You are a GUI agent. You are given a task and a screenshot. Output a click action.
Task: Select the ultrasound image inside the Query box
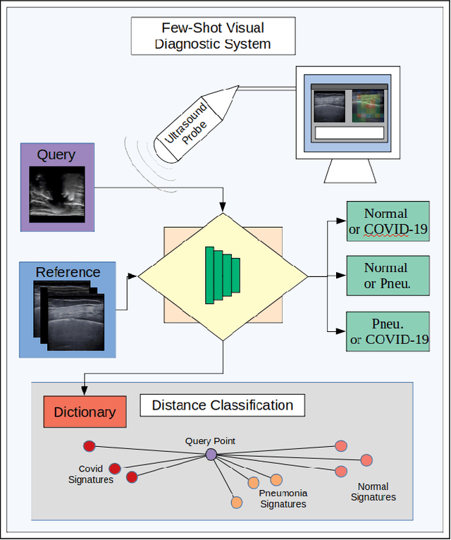point(56,195)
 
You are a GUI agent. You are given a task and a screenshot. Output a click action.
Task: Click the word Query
point(56,155)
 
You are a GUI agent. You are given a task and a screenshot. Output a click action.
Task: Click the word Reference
point(68,272)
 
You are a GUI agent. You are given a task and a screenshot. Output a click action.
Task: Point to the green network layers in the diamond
point(222,275)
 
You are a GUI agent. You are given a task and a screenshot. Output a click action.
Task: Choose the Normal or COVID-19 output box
point(388,221)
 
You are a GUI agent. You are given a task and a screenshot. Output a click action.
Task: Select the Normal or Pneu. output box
point(388,276)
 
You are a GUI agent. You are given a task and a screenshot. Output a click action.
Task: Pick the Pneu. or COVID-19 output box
point(388,331)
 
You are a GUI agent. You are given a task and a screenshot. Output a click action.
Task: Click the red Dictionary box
point(85,412)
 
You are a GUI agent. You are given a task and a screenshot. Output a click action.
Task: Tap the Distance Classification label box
point(222,405)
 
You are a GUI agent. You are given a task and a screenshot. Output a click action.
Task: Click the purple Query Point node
point(211,455)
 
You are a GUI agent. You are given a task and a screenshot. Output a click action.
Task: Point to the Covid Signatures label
point(91,474)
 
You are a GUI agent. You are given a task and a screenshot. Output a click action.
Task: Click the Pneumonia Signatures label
point(283,498)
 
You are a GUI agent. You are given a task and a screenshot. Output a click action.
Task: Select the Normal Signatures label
point(373,491)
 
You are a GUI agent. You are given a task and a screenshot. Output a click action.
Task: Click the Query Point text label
point(210,441)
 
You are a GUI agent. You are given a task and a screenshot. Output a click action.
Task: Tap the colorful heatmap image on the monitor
point(369,106)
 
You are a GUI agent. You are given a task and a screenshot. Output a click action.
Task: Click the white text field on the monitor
point(350,133)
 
